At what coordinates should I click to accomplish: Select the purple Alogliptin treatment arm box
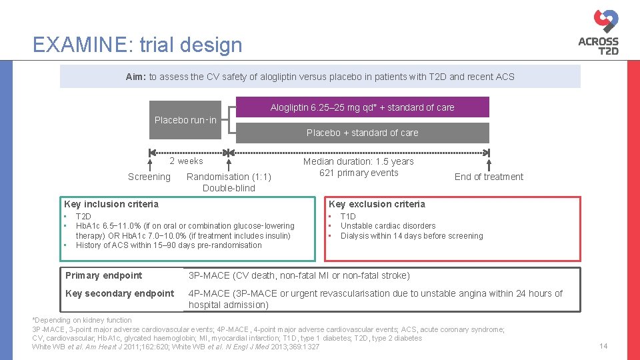(x=362, y=107)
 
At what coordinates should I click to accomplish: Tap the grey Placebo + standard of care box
(x=362, y=133)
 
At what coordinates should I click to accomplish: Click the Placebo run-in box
(x=185, y=120)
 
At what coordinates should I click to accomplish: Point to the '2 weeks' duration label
(x=186, y=161)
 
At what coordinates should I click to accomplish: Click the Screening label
(x=149, y=177)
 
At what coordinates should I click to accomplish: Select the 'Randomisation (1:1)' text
(x=229, y=177)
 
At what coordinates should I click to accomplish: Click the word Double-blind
(x=229, y=188)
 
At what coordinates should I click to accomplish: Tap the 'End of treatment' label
(x=489, y=177)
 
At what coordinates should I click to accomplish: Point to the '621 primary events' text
(x=359, y=173)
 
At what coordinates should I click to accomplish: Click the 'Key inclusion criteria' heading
(x=111, y=204)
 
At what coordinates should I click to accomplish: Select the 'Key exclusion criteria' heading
(x=377, y=204)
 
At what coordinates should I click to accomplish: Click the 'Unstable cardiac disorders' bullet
(x=387, y=226)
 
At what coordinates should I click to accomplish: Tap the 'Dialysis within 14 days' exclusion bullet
(x=411, y=236)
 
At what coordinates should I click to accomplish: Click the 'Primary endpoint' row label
(x=103, y=275)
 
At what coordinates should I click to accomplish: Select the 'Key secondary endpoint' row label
(x=119, y=293)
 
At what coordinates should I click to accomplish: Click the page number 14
(x=603, y=346)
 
